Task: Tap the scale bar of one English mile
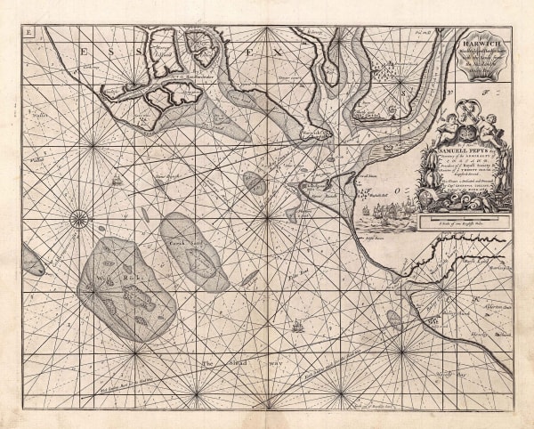(x=464, y=217)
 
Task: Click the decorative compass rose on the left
(x=80, y=215)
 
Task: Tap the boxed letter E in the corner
(x=28, y=33)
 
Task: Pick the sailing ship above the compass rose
(x=116, y=184)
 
